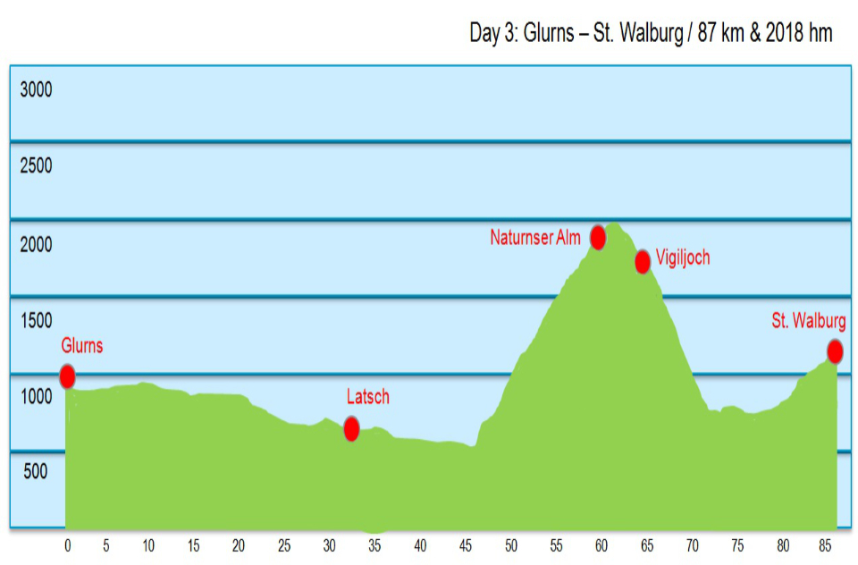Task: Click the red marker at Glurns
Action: tap(67, 376)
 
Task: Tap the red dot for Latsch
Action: tap(351, 429)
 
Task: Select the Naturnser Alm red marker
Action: tap(598, 237)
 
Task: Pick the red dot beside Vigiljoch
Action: tap(642, 262)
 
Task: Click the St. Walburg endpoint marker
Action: tap(835, 351)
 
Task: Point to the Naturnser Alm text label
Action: tap(535, 238)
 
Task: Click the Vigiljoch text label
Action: tap(682, 258)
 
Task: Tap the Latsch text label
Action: tap(368, 397)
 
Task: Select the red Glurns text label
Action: tap(82, 346)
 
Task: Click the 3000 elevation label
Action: tap(37, 89)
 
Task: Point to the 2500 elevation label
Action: tap(37, 166)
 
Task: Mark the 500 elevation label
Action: tap(37, 473)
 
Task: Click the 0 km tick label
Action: tap(67, 544)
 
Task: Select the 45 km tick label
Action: tap(466, 544)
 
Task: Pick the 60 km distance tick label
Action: tap(601, 544)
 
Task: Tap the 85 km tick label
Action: tap(827, 544)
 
